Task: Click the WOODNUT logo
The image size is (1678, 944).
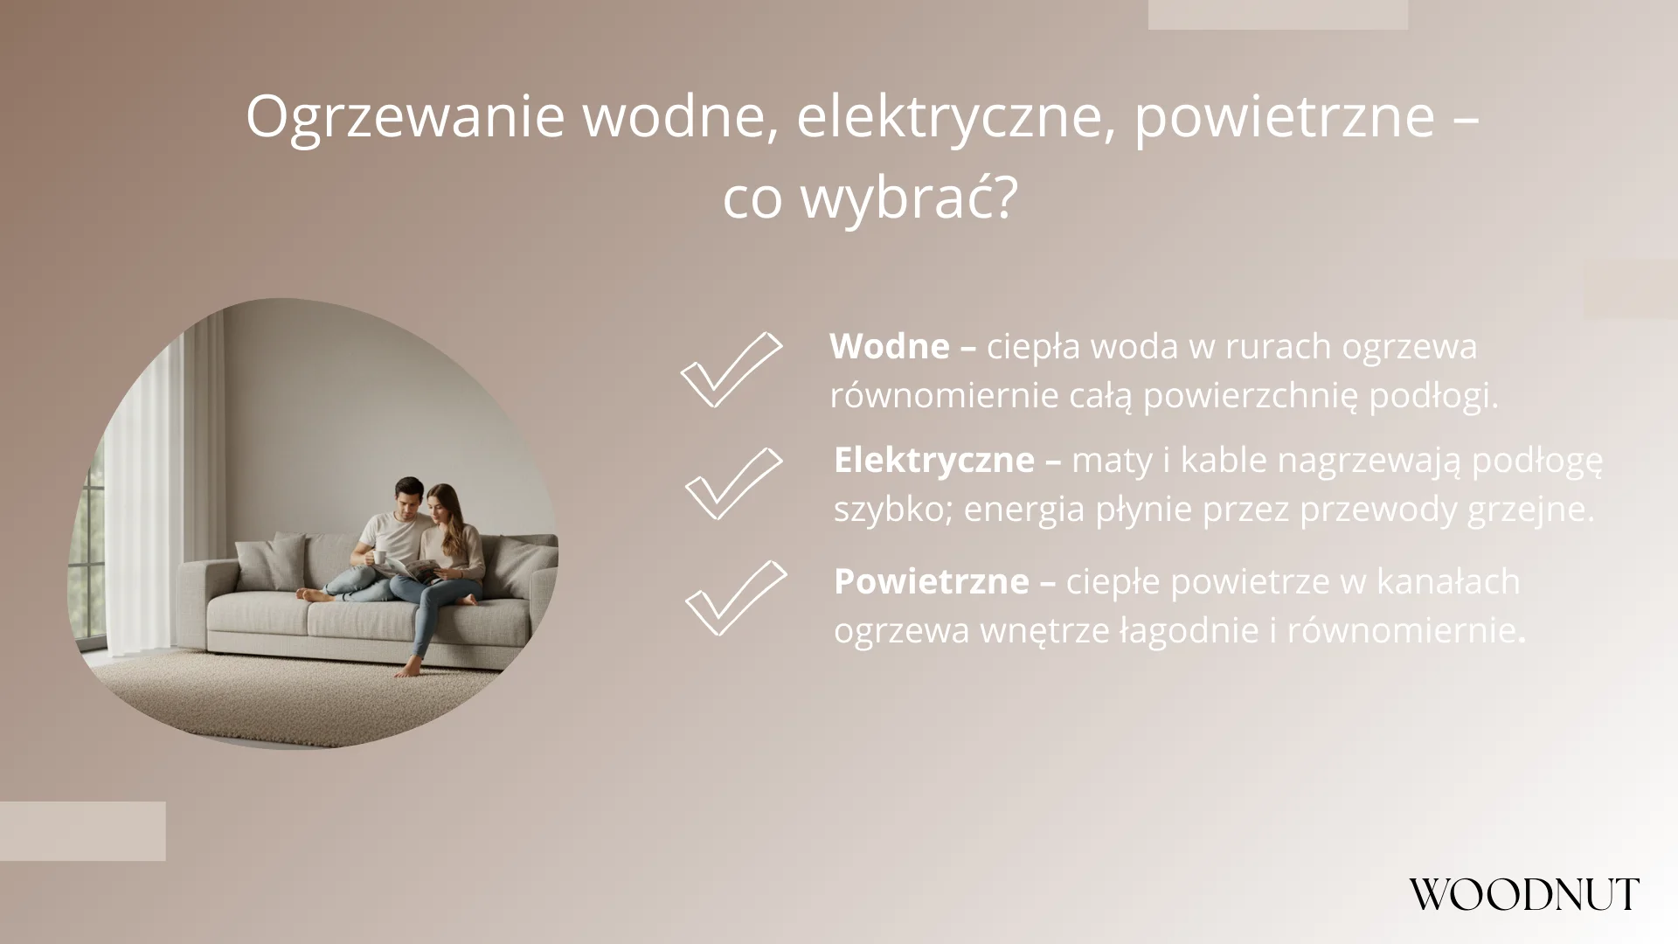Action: tap(1523, 894)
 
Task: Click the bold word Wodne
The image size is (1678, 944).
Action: tap(889, 347)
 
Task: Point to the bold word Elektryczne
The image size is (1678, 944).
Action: tap(933, 461)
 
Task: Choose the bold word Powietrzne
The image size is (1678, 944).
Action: tap(931, 581)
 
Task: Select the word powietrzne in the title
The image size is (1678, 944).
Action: tap(1284, 117)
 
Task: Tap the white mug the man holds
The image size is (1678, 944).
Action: tap(380, 557)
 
